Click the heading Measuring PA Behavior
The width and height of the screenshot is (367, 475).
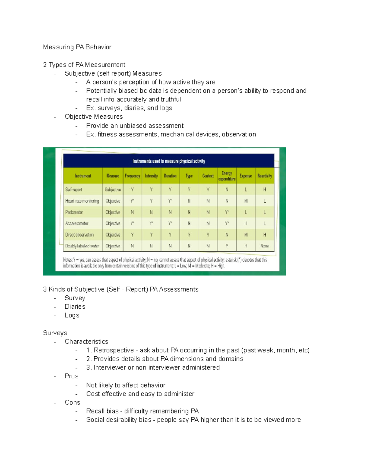click(77, 47)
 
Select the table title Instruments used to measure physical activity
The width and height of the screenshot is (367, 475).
click(169, 161)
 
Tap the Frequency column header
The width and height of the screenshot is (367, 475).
click(132, 176)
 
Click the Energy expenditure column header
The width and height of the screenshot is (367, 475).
click(227, 176)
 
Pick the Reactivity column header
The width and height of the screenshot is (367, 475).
click(265, 176)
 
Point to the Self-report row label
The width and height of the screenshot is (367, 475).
click(74, 190)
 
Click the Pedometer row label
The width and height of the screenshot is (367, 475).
click(74, 212)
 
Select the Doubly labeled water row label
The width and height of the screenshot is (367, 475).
click(82, 246)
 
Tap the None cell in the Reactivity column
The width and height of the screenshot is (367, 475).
click(265, 246)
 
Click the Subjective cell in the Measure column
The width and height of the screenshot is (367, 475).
click(113, 190)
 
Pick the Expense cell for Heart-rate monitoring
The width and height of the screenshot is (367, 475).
click(246, 201)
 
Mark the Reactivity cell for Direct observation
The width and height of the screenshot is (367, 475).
click(265, 235)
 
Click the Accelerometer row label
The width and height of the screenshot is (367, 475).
click(77, 224)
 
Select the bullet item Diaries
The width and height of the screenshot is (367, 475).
click(75, 306)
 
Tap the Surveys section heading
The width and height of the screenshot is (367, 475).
click(55, 333)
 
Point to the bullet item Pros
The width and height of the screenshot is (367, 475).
click(72, 376)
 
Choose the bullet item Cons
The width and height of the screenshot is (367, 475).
click(72, 403)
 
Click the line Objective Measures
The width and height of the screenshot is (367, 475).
click(94, 117)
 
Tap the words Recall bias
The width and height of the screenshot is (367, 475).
click(102, 411)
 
